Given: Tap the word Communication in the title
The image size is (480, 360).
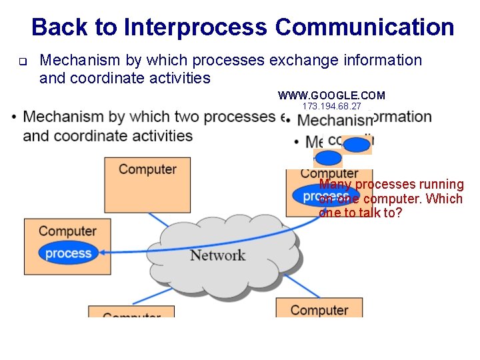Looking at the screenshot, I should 364,27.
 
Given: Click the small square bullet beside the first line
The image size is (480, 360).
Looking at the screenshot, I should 21,63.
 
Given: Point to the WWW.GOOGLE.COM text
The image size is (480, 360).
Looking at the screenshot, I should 331,96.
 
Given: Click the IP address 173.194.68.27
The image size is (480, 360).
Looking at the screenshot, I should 331,107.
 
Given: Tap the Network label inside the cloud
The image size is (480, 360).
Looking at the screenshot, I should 217,255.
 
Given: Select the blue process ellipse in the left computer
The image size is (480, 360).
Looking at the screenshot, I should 68,253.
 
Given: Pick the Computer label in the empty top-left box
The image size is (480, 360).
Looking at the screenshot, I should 147,169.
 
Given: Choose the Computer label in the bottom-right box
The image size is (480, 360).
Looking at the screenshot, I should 319,310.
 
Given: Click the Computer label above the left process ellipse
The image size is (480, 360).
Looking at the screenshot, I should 67,231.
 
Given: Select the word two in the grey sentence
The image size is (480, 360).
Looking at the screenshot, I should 189,117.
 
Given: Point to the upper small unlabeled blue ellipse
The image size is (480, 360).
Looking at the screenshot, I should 357,145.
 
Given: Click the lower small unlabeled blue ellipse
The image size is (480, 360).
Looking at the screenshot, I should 328,158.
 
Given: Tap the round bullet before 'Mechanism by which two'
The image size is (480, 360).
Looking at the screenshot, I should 15,118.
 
